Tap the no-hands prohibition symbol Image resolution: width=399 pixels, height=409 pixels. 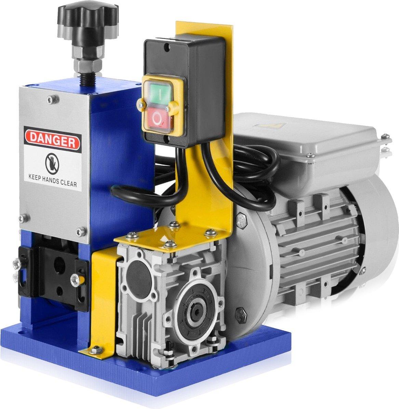[52, 164]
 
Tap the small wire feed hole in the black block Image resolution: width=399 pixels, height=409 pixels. [60, 289]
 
